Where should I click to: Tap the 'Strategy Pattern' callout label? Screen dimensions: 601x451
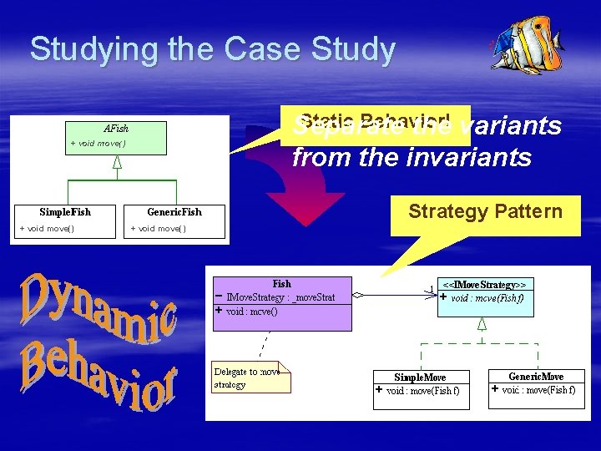(x=484, y=211)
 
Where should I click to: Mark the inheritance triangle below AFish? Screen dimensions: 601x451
(x=117, y=162)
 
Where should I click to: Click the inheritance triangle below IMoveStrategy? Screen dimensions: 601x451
(x=482, y=323)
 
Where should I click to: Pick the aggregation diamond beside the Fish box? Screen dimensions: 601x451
(x=357, y=295)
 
